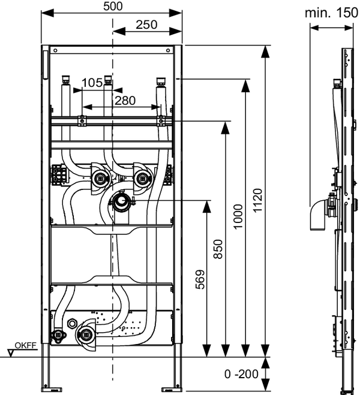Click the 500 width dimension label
[113, 7]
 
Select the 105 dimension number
[92, 83]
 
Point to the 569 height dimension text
[200, 279]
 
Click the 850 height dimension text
[218, 249]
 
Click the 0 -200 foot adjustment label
[242, 374]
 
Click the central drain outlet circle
[121, 201]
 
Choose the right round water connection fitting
[142, 177]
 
